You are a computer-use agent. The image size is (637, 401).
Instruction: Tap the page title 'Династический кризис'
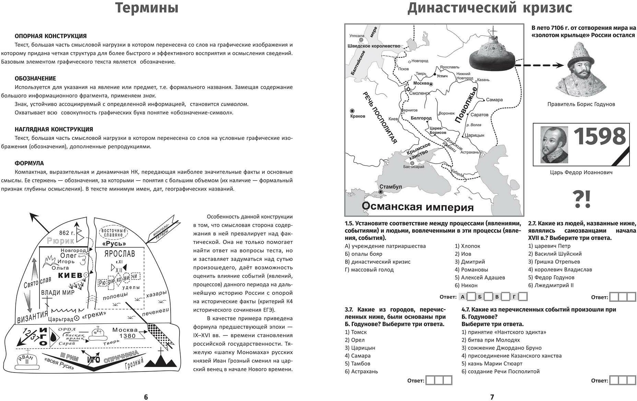coord(490,8)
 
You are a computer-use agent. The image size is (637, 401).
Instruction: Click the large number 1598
coord(599,137)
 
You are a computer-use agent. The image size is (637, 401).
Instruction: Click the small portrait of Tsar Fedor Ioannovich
coord(554,145)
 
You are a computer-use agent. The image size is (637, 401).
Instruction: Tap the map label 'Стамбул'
coord(391,187)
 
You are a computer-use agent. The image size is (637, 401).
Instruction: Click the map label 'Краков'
coord(358,116)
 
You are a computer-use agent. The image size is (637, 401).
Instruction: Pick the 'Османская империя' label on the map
coord(417,207)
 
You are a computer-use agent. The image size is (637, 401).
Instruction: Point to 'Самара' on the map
coord(494,100)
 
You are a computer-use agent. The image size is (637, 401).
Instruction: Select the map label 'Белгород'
coord(421,118)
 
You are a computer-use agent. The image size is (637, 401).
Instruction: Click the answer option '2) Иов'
coord(463,254)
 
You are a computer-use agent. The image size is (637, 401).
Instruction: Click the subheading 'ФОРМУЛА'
coord(29,163)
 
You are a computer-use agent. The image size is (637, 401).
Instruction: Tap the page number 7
coord(492,397)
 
